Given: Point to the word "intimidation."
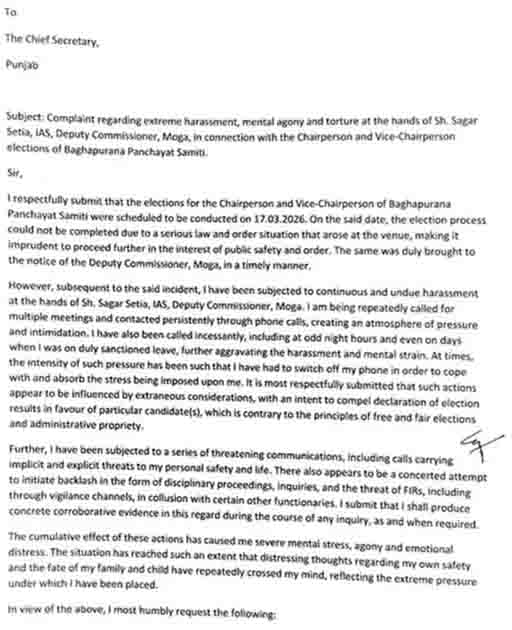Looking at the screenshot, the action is tap(60, 333).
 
